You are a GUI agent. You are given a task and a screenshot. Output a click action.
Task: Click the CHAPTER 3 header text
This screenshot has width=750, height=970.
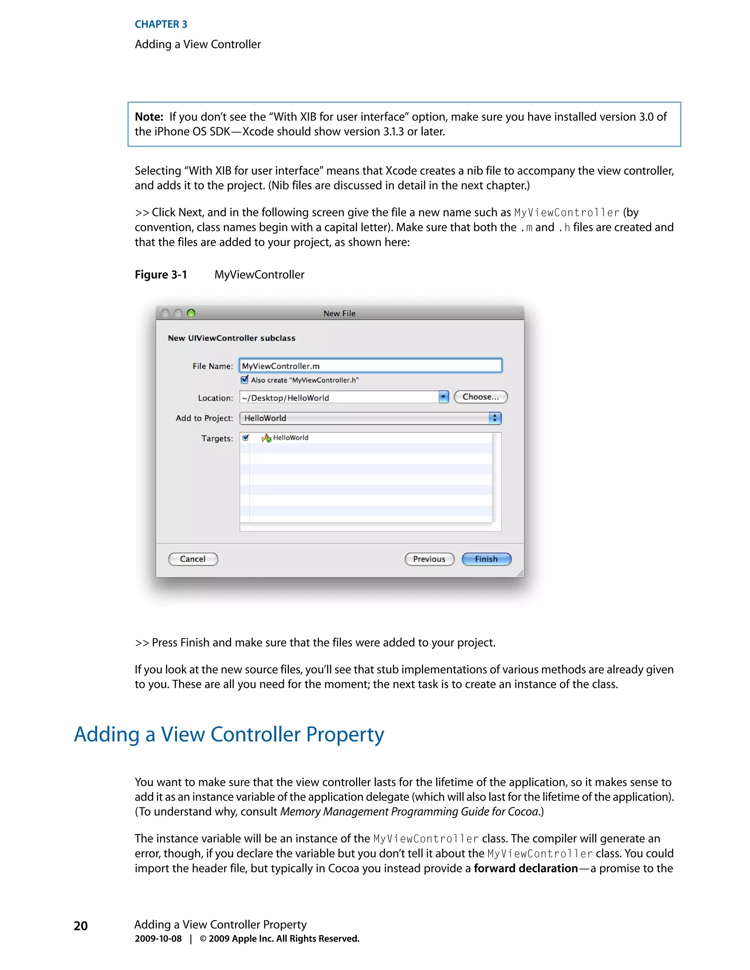pos(161,25)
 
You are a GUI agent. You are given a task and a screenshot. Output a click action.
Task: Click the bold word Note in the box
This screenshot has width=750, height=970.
pos(149,117)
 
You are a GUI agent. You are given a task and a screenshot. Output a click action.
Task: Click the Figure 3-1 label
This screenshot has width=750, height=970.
pos(161,275)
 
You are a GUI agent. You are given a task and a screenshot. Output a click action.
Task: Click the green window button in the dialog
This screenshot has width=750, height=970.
pos(191,313)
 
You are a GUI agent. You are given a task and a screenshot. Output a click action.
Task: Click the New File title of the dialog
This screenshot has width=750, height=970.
pos(339,314)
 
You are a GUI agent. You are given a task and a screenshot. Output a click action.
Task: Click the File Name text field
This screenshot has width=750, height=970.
pos(370,366)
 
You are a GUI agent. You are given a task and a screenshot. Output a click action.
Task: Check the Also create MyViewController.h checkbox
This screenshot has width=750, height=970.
pos(244,380)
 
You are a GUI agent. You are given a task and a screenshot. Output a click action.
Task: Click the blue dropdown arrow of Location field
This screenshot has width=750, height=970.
pos(443,397)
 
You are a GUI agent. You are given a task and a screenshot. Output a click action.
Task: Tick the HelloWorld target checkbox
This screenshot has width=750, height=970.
pos(246,438)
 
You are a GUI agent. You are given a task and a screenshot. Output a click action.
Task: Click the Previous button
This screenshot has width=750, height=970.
pos(429,559)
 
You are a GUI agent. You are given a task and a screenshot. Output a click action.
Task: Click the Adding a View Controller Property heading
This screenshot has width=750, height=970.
pos(229,735)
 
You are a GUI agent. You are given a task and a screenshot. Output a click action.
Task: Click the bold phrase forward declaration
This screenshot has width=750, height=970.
pos(526,868)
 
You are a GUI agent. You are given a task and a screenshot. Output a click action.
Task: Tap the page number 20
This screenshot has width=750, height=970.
pos(81,926)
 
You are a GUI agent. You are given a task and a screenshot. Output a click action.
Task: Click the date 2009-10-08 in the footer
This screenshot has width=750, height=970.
pos(158,939)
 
